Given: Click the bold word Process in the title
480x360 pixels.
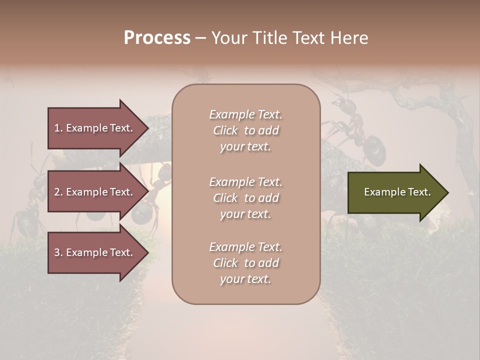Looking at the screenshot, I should point(157,38).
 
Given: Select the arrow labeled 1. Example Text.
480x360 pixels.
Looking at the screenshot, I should point(95,128).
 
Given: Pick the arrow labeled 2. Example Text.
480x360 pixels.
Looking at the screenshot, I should point(95,192).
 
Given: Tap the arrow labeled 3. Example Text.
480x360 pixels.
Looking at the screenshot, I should point(95,252).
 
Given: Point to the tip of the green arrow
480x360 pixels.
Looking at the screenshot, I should point(447,192).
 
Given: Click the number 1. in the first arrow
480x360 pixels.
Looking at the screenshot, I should point(58,128).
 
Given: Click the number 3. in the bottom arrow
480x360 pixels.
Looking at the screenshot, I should point(58,252).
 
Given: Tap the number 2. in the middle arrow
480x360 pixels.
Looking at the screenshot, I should point(58,192).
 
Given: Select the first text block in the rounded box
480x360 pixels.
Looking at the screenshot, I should point(245,130).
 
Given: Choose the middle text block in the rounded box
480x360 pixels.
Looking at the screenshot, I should point(245,198).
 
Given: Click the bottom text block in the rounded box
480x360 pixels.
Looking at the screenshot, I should point(245,263).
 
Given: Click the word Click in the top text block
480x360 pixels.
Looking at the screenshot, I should point(225,130).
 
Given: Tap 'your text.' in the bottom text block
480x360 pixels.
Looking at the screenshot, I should point(245,279).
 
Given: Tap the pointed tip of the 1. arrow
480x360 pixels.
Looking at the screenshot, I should point(147,128).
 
